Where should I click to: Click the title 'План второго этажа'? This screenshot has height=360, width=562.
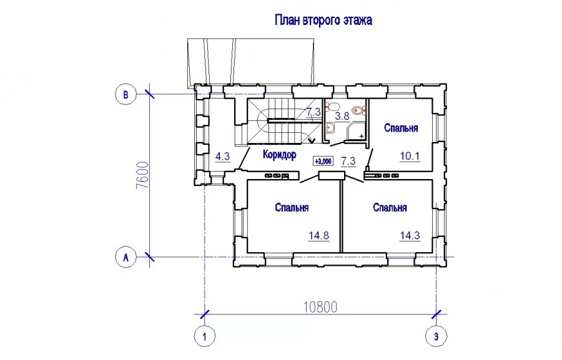[323, 20]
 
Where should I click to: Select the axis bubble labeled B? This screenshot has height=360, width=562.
[126, 95]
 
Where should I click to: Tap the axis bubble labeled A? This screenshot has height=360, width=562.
[126, 257]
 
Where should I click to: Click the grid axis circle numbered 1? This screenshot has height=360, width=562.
[205, 337]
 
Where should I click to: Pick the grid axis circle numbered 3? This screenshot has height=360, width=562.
[436, 337]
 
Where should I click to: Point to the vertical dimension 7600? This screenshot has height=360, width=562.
[142, 175]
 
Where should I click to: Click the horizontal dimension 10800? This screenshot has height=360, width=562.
[320, 307]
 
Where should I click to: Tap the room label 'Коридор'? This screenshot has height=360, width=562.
[280, 155]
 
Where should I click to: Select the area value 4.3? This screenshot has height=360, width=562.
[222, 157]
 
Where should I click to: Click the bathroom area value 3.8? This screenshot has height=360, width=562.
[342, 116]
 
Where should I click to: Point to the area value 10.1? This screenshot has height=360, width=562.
[410, 156]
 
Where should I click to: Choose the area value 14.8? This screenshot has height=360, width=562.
[318, 236]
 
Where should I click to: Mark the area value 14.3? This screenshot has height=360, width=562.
[410, 236]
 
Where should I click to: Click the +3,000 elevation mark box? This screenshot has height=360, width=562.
[323, 161]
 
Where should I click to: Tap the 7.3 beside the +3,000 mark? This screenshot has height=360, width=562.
[348, 161]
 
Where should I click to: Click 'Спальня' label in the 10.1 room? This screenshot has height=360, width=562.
[401, 128]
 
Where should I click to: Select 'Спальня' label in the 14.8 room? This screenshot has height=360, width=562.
[292, 207]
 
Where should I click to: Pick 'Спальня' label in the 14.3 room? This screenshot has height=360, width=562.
[390, 207]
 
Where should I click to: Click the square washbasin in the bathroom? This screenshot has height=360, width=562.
[330, 127]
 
